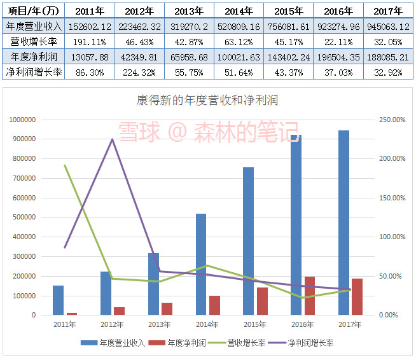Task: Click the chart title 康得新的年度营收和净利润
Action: pyautogui.click(x=207, y=100)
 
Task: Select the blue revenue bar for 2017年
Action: pyautogui.click(x=343, y=223)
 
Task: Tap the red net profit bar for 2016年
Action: pyautogui.click(x=309, y=296)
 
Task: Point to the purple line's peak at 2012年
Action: pyautogui.click(x=113, y=139)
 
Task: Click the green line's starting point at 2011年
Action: pyautogui.click(x=65, y=165)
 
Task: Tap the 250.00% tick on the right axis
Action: pyautogui.click(x=391, y=120)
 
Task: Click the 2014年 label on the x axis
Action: pyautogui.click(x=207, y=324)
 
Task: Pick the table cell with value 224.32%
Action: pyautogui.click(x=139, y=72)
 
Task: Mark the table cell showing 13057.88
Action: pyautogui.click(x=90, y=57)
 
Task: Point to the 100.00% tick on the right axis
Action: pyautogui.click(x=391, y=237)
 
